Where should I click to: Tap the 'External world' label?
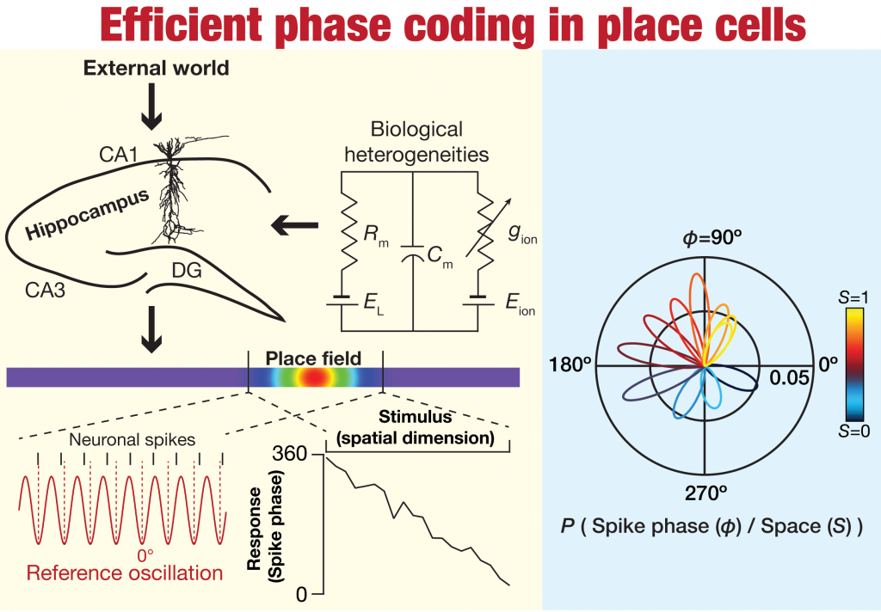pos(156,68)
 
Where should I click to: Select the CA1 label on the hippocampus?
pos(119,155)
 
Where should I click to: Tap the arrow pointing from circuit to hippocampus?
pos(293,227)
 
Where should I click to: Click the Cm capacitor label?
pos(440,255)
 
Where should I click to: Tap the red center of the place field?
pos(313,376)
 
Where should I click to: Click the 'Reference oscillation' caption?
pos(124,572)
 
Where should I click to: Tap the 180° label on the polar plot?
pos(570,365)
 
